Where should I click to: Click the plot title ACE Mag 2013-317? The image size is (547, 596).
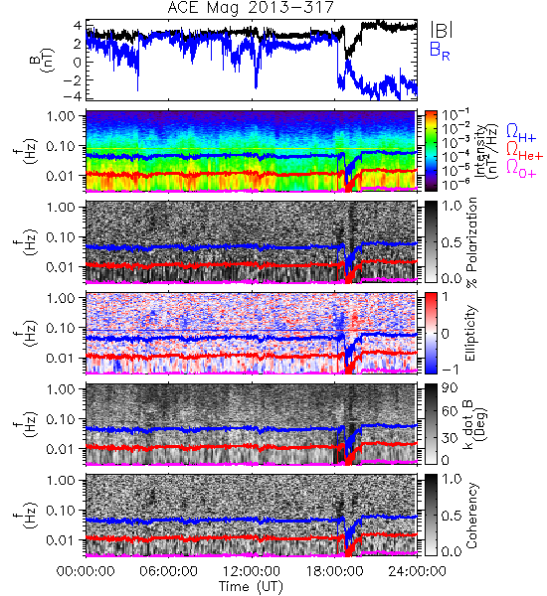coord(251,8)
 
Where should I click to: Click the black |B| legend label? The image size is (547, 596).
coord(442,29)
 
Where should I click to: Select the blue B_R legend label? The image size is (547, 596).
coord(440,51)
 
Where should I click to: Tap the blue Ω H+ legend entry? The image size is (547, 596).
coord(521,133)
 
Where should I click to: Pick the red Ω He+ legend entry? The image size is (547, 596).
coord(524,151)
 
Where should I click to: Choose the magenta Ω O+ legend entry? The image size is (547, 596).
coord(521,169)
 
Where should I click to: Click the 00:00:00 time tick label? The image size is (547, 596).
coord(86,571)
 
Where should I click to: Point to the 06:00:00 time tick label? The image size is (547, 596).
coord(168,571)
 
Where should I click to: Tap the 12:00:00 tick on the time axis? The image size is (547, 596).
coord(252,571)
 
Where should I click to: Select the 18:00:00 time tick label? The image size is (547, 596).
coord(334,571)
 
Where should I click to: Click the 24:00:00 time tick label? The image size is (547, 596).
coord(417,571)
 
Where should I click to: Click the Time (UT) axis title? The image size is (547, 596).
coord(251,586)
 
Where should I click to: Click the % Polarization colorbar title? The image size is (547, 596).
coord(471,242)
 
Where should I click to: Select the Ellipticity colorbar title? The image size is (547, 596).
coord(470,333)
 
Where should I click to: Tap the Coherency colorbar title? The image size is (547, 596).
coord(471,516)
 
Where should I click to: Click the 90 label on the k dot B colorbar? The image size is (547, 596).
coord(449,388)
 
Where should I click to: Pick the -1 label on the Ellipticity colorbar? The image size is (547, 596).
coord(450,370)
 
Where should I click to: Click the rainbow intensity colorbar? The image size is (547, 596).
coord(431,151)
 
